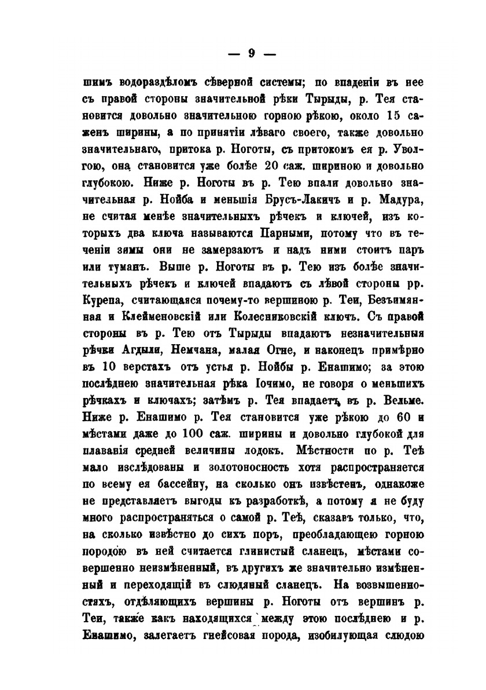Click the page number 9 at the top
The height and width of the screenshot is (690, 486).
[251, 53]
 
